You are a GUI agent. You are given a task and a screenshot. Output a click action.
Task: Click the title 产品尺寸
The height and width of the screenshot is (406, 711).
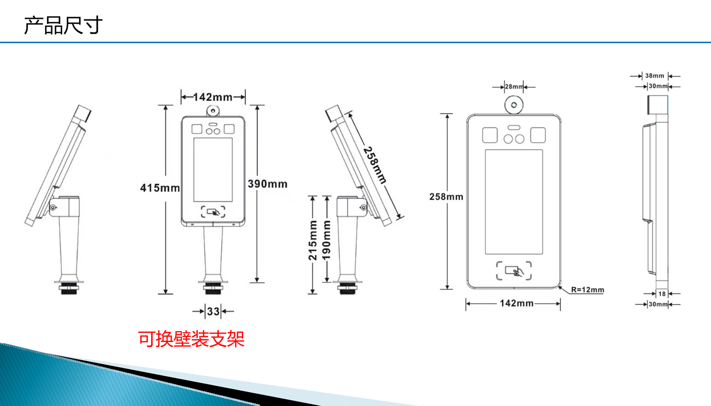63,25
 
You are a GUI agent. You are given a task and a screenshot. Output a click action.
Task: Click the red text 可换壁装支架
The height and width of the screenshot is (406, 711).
191,339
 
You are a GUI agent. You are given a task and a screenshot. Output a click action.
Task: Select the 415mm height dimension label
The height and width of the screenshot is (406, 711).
160,188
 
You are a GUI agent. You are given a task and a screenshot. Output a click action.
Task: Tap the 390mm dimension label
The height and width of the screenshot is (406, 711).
268,184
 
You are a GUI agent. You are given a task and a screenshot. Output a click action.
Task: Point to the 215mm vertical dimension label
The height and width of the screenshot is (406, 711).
313,240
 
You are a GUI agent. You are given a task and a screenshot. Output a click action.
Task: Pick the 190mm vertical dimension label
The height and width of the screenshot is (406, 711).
326,240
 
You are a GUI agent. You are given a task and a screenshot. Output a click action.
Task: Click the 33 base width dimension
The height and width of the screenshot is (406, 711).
213,311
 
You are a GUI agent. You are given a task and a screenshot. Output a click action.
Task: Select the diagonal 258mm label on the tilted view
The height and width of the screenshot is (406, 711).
375,165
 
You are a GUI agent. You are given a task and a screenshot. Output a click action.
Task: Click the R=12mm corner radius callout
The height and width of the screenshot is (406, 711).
588,289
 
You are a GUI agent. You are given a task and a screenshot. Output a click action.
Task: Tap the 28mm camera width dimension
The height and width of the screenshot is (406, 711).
514,87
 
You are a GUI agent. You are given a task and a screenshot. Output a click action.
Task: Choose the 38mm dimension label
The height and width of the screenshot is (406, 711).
655,76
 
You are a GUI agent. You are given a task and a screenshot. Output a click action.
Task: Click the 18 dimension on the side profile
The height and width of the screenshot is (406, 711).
662,294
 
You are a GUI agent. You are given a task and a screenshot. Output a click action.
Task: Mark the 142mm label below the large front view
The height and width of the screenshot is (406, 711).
517,303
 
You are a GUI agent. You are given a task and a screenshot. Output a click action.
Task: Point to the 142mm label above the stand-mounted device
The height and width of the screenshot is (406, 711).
213,97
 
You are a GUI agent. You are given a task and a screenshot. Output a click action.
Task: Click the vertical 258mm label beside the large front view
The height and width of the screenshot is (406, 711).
447,197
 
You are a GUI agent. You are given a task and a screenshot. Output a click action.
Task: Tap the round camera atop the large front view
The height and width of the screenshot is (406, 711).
514,105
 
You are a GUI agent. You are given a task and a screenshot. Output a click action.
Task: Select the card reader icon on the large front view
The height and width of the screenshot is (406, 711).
514,271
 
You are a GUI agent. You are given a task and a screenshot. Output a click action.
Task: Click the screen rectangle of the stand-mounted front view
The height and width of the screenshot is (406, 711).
213,170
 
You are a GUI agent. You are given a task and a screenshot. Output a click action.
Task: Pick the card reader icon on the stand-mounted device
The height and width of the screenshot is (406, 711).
213,212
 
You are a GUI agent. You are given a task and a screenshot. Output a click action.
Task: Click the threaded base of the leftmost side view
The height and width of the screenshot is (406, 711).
69,288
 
